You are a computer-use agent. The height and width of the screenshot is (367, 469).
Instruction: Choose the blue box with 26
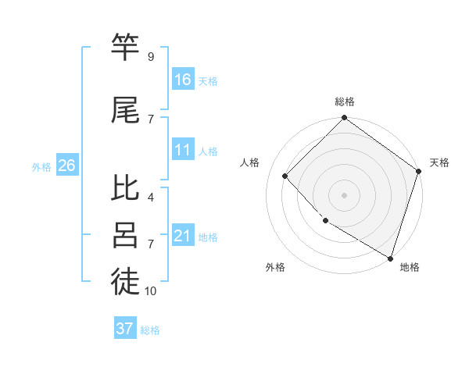pyautogui.click(x=66, y=166)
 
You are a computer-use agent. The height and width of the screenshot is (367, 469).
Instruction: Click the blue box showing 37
pyautogui.click(x=125, y=329)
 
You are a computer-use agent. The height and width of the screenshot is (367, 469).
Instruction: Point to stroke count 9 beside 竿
pyautogui.click(x=151, y=57)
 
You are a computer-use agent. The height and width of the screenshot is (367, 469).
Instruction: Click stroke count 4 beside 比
pyautogui.click(x=151, y=198)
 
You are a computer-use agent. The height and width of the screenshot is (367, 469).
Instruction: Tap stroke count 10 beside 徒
pyautogui.click(x=151, y=291)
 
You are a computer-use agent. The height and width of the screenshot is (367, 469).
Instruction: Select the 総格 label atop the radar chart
pyautogui.click(x=345, y=102)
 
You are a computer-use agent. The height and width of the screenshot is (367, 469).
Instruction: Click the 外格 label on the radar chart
pyautogui.click(x=275, y=267)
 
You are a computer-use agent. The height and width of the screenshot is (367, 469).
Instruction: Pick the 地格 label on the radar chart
pyautogui.click(x=410, y=267)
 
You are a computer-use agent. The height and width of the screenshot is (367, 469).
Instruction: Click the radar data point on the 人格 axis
pyautogui.click(x=285, y=176)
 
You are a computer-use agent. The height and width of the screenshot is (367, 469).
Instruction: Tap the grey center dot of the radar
pyautogui.click(x=345, y=195)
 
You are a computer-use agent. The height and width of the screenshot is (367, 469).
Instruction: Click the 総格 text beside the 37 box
pyautogui.click(x=150, y=330)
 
